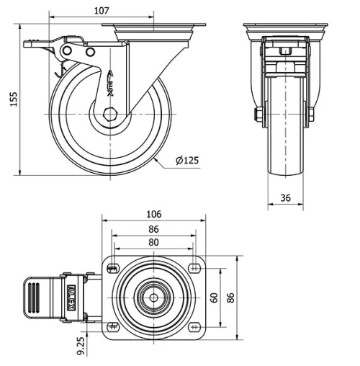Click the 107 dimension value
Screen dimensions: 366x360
click(x=102, y=11)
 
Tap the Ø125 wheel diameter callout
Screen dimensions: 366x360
click(x=186, y=161)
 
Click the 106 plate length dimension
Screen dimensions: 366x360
click(x=153, y=214)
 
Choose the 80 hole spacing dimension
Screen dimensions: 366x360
click(x=153, y=242)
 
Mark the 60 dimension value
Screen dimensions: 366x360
click(x=214, y=298)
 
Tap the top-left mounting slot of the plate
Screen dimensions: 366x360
click(x=112, y=269)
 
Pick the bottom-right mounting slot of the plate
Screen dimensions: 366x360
click(x=195, y=327)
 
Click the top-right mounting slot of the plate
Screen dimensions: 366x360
click(x=195, y=269)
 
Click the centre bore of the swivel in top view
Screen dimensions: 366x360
click(x=153, y=298)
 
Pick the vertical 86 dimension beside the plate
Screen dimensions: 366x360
click(x=230, y=298)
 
